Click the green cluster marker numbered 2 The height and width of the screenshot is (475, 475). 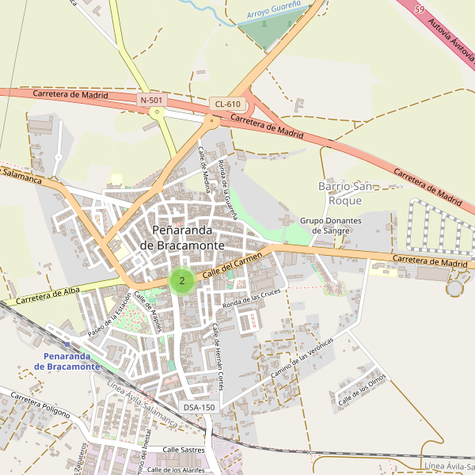[x=182, y=280]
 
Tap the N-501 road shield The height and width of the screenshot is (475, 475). [x=153, y=100]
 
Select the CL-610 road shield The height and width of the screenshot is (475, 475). [x=227, y=104]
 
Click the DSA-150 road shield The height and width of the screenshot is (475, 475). [x=199, y=407]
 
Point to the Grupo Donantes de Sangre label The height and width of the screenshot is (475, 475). [x=330, y=226]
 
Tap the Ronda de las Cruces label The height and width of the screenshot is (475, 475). [x=252, y=298]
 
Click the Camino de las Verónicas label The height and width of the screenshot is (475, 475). [x=302, y=355]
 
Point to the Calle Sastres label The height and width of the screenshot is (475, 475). [x=183, y=450]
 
